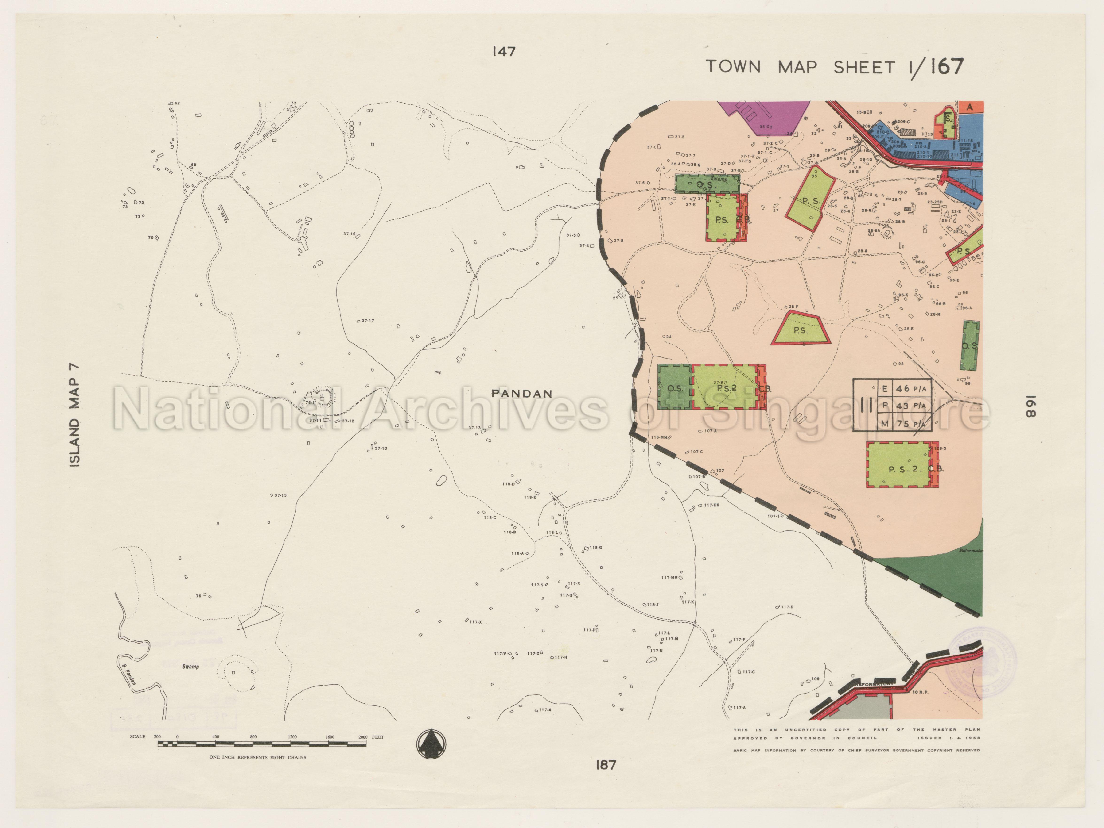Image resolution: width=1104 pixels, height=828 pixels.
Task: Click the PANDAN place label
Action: click(x=521, y=394)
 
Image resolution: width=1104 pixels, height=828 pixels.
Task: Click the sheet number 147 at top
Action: click(x=504, y=51)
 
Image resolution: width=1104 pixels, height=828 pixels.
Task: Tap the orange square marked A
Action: click(x=970, y=107)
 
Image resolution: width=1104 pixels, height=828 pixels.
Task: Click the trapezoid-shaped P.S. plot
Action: click(x=801, y=329)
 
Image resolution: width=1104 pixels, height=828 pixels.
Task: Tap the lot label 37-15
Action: click(x=280, y=495)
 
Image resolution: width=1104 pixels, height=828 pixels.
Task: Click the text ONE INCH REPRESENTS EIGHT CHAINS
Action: click(x=257, y=757)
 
